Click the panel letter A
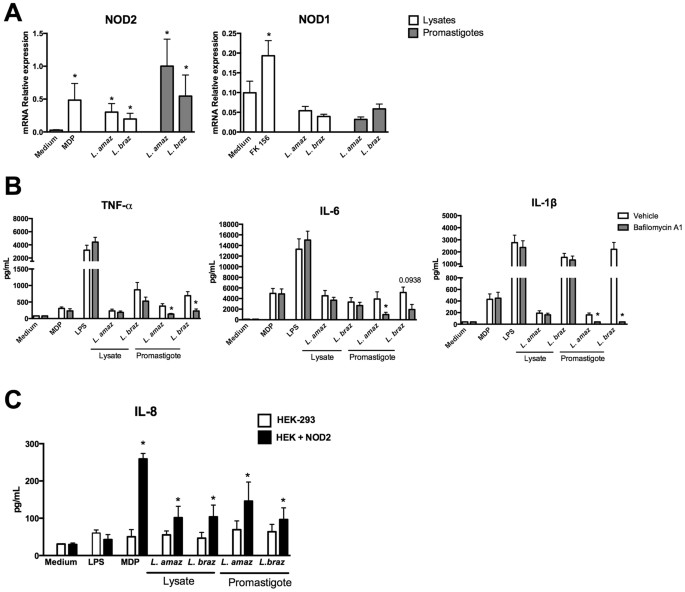[14, 12]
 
